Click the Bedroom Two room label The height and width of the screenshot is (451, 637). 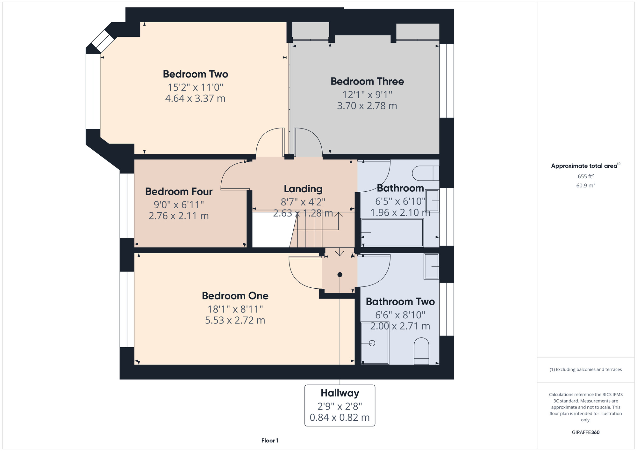195,74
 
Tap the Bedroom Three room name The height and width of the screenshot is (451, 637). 367,81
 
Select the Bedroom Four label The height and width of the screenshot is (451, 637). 179,191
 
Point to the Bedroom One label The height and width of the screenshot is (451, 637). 235,296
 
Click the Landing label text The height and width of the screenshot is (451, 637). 303,189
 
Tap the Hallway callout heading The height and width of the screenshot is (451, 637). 340,393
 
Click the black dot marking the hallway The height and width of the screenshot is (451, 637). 340,275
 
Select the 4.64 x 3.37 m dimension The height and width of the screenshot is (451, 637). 195,98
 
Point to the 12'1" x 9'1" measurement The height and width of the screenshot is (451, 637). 367,95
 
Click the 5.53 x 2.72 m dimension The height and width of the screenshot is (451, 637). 235,320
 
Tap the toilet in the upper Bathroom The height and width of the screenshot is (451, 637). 426,173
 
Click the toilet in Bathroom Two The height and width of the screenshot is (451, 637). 421,351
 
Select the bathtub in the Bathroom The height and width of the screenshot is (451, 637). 392,233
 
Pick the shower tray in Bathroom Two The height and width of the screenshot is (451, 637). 375,343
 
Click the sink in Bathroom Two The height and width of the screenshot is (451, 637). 432,266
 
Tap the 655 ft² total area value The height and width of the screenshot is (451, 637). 586,176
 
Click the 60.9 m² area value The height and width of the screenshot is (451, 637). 586,185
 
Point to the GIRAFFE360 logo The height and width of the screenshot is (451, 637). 586,433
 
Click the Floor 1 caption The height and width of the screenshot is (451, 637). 270,440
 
